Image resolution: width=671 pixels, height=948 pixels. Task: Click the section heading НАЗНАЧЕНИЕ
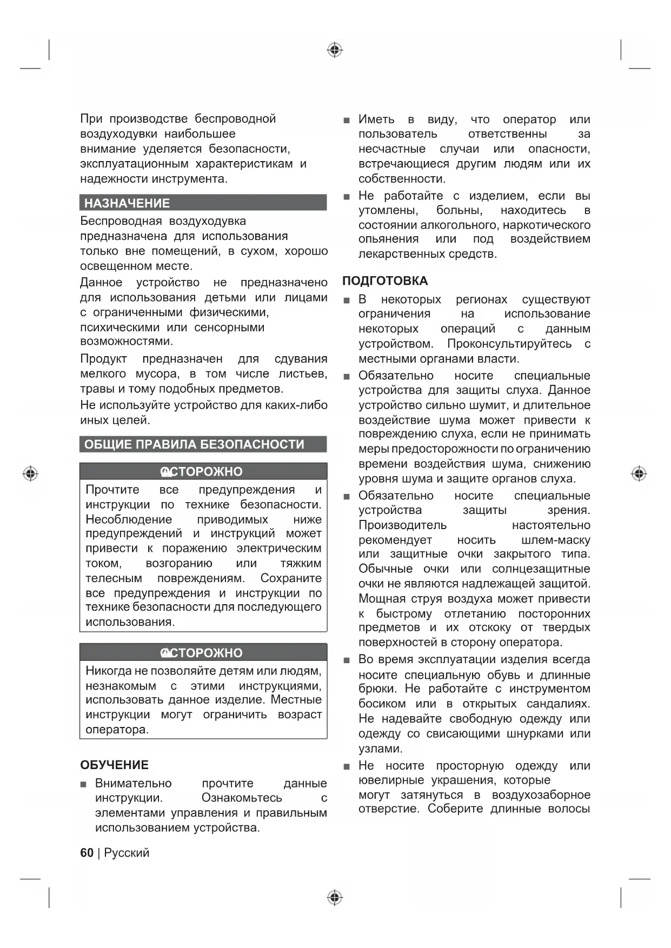tap(127, 203)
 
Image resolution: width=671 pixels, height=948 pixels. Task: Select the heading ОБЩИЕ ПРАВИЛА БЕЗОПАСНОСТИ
tap(194, 444)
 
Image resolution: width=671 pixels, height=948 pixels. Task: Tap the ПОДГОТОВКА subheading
tap(385, 281)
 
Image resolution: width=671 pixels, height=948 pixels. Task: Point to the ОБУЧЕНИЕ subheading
tap(114, 765)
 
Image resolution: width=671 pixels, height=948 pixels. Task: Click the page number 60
tap(87, 853)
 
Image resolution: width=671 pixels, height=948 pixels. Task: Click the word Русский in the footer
tap(127, 853)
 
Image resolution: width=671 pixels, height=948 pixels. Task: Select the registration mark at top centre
tap(335, 50)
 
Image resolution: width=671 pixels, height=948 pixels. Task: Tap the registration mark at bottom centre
tap(335, 898)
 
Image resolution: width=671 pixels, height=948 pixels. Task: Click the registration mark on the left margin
tap(31, 474)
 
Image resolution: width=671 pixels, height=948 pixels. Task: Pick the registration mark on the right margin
tap(639, 474)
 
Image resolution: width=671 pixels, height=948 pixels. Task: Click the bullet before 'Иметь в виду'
tap(347, 120)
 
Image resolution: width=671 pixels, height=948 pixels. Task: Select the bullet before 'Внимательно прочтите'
tap(83, 784)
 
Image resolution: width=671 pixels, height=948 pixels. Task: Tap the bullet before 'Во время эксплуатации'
tap(347, 660)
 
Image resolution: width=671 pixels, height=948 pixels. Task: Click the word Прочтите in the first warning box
tap(112, 490)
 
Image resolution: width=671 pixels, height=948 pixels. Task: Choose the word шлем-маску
tap(556, 540)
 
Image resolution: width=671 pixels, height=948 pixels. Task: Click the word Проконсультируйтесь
tap(509, 344)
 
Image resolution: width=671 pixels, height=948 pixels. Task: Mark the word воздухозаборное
tap(541, 795)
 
